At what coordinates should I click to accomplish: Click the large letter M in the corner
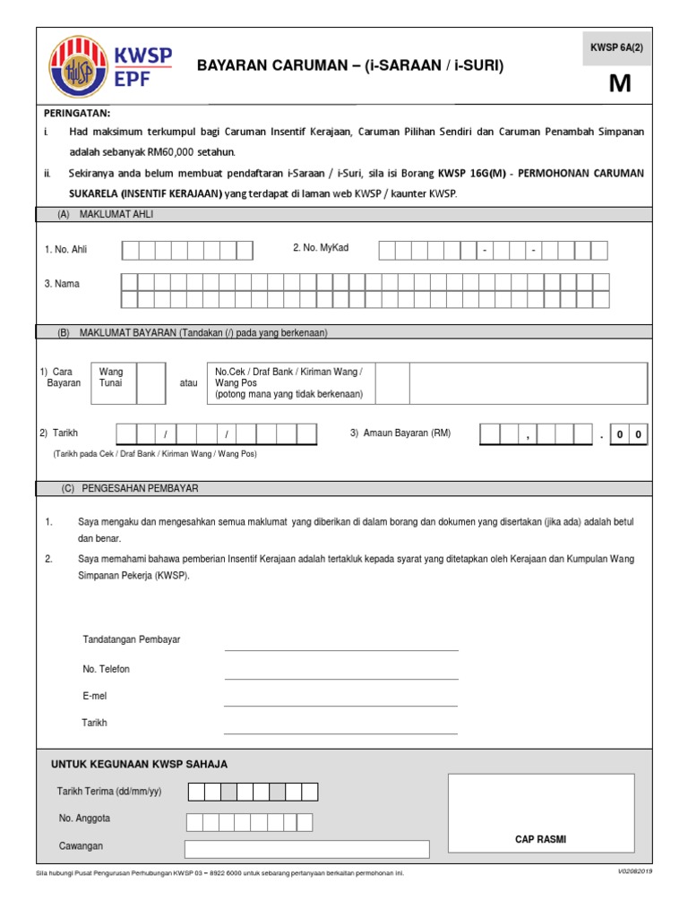point(619,83)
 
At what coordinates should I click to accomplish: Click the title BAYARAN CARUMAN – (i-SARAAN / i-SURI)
point(349,65)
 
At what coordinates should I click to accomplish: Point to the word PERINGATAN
point(77,113)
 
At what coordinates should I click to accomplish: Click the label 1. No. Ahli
point(66,250)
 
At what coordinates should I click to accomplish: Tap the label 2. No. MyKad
point(321,248)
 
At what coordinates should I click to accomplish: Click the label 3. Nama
point(62,284)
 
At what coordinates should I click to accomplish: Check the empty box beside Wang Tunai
point(150,382)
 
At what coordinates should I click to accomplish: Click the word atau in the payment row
point(188,383)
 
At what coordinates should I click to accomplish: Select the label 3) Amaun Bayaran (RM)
point(400,433)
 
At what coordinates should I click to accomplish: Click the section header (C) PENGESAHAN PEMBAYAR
point(130,489)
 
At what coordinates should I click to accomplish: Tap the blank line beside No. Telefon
point(340,677)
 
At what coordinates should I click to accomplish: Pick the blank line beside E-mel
point(340,704)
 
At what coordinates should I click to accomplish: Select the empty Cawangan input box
point(306,849)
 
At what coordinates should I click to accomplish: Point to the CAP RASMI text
point(540,839)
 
